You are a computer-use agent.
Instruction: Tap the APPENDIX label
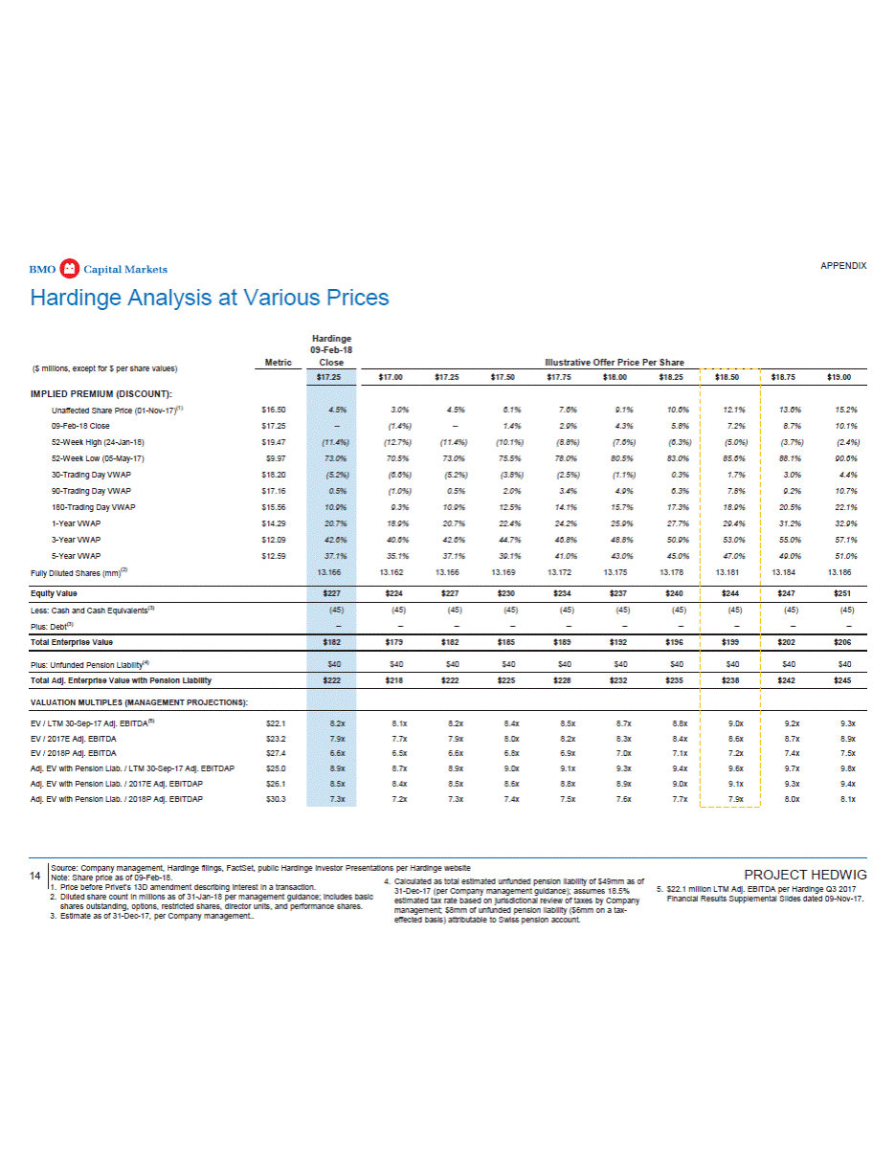coord(843,265)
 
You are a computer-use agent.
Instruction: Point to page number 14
coord(34,875)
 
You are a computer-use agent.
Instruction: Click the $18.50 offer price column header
coord(730,377)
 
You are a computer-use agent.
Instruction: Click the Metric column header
coord(279,362)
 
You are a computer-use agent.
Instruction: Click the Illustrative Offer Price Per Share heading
coord(614,363)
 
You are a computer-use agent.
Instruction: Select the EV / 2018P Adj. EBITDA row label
coord(87,753)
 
